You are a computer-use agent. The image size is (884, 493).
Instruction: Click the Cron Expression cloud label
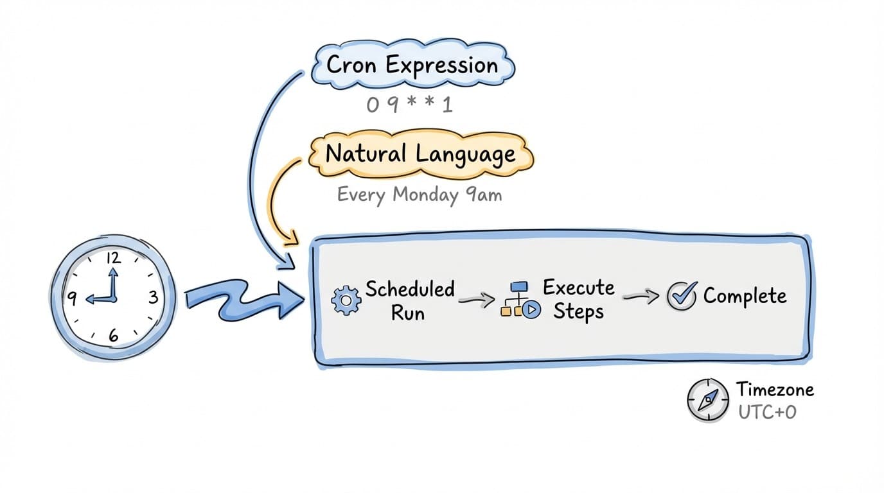coord(412,65)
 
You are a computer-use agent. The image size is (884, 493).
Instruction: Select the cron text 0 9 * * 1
coord(410,104)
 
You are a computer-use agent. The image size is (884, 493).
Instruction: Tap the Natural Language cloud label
coord(420,154)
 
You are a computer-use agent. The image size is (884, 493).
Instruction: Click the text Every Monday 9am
coord(419,195)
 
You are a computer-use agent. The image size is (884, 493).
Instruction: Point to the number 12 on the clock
coord(113,259)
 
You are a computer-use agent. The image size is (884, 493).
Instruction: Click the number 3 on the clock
coord(153,297)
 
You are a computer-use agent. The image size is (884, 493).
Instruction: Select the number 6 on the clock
coord(113,334)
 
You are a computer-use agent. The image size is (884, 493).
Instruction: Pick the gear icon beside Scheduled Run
coord(346,300)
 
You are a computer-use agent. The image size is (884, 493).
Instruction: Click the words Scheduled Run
coord(409,300)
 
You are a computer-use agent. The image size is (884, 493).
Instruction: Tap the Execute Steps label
coord(578,299)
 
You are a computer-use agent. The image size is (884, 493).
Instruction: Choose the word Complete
coord(745,296)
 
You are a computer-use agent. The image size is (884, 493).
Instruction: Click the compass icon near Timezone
coord(708,399)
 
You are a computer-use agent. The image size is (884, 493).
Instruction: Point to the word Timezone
coord(775,389)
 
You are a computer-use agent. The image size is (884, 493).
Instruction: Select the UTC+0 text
coord(767,411)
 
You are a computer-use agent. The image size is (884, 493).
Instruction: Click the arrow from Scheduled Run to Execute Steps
coord(477,298)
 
